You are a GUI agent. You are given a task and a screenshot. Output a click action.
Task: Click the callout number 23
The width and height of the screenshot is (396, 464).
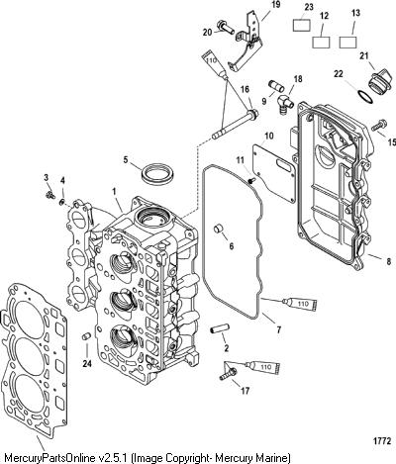309,7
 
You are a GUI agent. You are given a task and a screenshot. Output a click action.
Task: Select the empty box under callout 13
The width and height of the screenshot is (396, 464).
347,42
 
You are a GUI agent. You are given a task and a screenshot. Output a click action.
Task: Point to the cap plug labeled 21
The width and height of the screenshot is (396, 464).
377,81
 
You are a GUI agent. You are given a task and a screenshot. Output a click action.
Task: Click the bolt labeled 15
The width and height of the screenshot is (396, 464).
379,126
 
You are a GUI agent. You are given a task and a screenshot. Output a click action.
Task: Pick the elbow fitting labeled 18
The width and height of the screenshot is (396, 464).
285,103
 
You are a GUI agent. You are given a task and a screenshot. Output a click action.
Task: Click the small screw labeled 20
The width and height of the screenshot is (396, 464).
226,27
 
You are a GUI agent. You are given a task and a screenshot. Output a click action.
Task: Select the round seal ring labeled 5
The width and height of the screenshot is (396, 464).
156,173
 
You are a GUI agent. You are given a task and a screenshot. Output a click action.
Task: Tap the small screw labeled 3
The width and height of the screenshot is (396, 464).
50,195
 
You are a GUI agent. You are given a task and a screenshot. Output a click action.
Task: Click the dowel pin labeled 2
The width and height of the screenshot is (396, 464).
218,329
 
